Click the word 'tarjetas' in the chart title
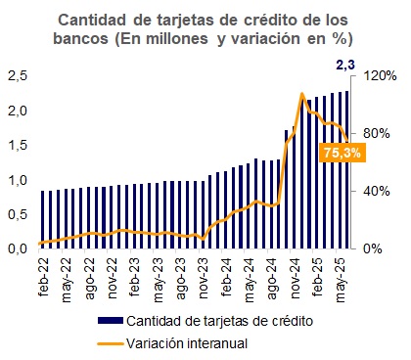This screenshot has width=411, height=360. pos(188,20)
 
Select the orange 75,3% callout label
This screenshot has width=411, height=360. pos(342,153)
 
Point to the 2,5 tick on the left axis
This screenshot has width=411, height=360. pos(17,75)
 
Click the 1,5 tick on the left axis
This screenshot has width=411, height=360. pos(17,145)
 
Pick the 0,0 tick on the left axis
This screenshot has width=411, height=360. pos(17,248)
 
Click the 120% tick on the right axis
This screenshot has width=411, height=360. pos(379,75)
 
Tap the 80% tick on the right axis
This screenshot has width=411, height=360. pos(376,133)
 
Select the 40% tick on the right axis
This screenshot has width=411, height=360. pos(376,191)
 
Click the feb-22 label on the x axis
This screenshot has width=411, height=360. pos(43,278)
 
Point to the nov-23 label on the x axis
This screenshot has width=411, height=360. pos(204,278)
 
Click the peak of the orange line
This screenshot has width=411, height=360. pos(302,95)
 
